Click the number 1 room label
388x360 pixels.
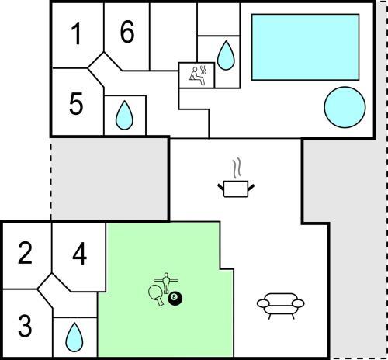click(x=76, y=33)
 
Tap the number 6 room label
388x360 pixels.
click(x=127, y=32)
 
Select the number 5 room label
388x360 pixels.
click(x=76, y=103)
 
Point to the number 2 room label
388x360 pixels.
click(x=25, y=254)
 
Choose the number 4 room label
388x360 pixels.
click(x=79, y=254)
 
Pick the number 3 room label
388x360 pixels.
click(x=25, y=326)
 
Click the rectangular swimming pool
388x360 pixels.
click(x=305, y=47)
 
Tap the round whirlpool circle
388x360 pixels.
click(x=345, y=107)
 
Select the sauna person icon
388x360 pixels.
click(x=196, y=76)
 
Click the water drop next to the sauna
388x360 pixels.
click(x=226, y=56)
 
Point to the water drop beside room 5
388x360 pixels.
click(x=124, y=116)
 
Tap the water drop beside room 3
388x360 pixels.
click(x=74, y=337)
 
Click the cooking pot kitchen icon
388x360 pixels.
click(x=236, y=189)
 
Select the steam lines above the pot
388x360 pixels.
click(x=237, y=168)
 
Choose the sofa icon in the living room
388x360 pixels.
click(x=281, y=306)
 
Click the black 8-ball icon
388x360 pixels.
click(x=175, y=298)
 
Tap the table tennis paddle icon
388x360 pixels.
click(x=157, y=295)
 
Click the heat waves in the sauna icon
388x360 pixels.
click(x=203, y=70)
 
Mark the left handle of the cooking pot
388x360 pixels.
click(x=220, y=187)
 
